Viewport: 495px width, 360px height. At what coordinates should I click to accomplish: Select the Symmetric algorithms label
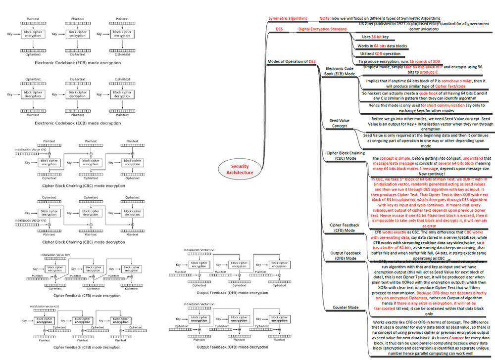pyautogui.click(x=288, y=18)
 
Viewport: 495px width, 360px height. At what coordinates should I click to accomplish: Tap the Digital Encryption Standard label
pyautogui.click(x=322, y=29)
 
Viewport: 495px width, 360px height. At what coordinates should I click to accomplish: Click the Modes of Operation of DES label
pyautogui.click(x=292, y=61)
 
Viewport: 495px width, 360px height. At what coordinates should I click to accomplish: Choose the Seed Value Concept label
pyautogui.click(x=339, y=123)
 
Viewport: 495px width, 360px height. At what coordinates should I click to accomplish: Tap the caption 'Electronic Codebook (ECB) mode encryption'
pyautogui.click(x=77, y=63)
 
